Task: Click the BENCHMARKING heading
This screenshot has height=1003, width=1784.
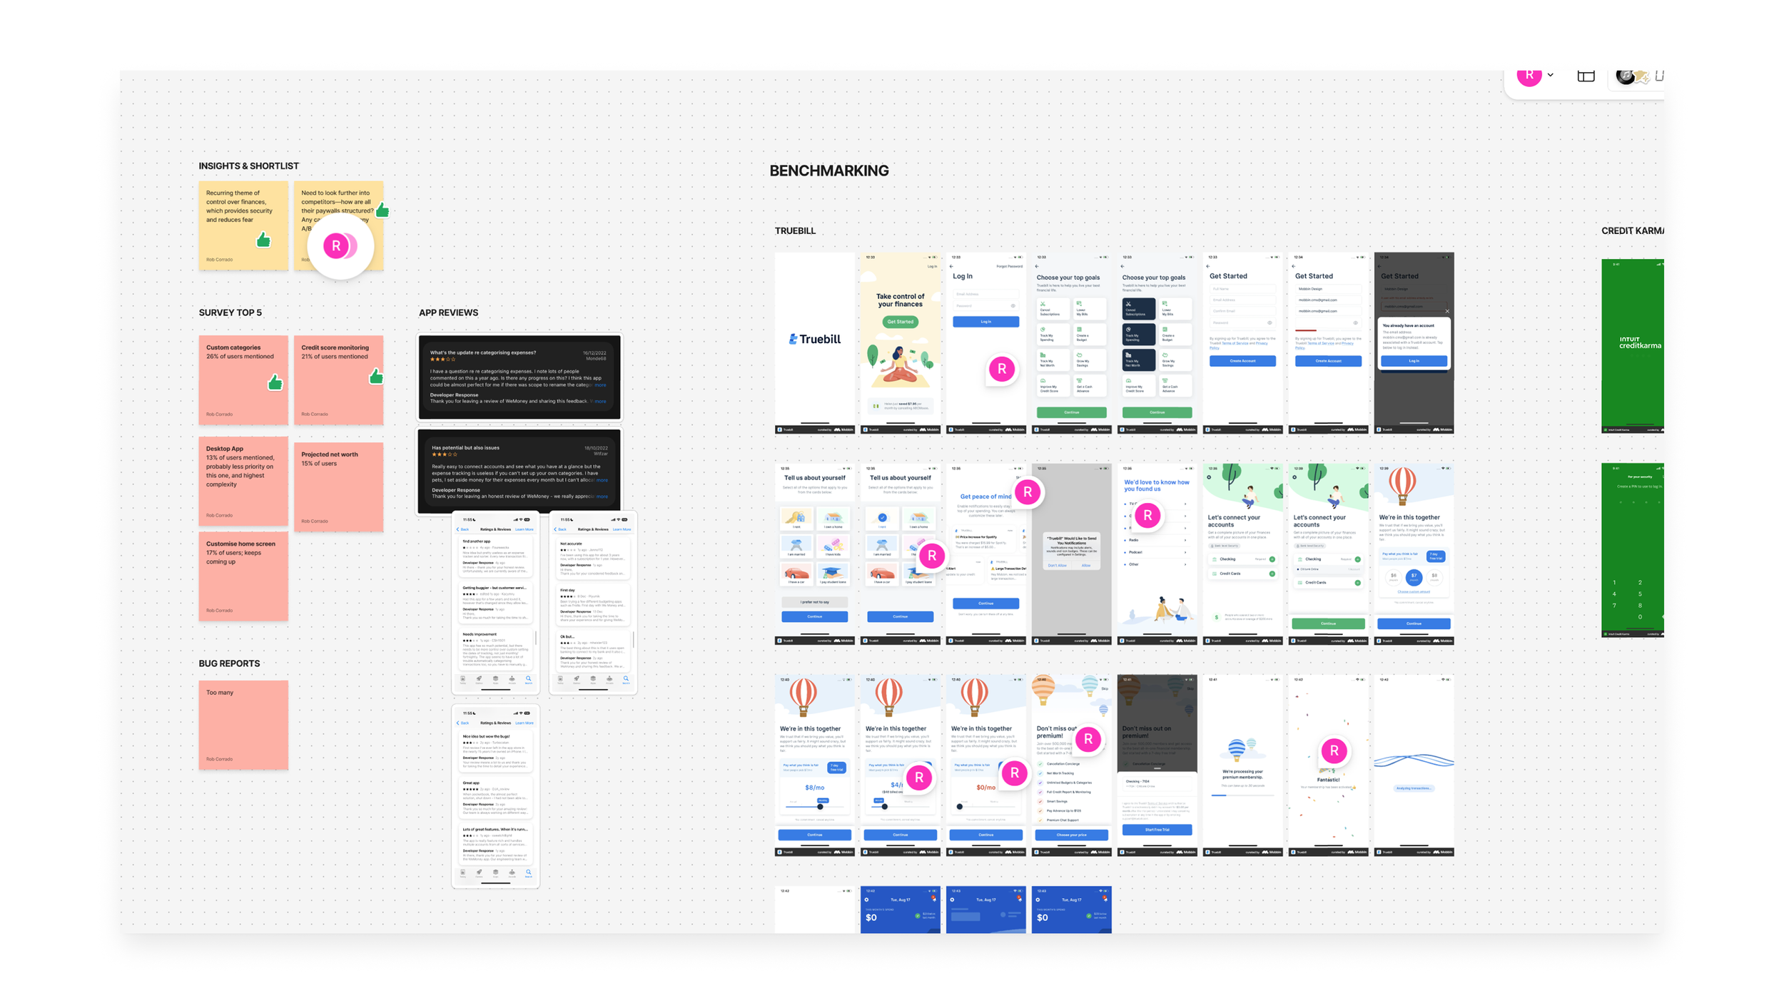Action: (x=828, y=170)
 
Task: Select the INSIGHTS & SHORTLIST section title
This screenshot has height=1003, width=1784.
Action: (x=248, y=166)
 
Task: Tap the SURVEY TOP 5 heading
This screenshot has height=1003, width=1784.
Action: (x=230, y=312)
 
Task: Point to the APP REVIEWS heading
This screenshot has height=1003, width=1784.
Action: (x=448, y=312)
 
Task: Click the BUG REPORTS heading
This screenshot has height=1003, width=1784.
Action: (x=229, y=663)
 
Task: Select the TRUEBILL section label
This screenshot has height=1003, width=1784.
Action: (x=795, y=231)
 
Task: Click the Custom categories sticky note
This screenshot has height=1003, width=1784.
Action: (x=243, y=380)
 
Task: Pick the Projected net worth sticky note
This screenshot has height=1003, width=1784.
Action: (x=338, y=487)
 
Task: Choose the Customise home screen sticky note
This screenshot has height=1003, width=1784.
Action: (x=243, y=576)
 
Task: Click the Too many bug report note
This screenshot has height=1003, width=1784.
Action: (x=243, y=724)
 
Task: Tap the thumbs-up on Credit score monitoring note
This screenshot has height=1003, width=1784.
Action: (x=376, y=377)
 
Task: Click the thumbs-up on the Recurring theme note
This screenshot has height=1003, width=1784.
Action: (x=263, y=240)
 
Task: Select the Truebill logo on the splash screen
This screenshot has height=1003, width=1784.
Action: (x=814, y=340)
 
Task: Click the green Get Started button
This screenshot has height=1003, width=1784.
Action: (x=900, y=322)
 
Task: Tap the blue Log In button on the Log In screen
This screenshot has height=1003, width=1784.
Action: (x=985, y=322)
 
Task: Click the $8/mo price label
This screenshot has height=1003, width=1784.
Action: (x=814, y=788)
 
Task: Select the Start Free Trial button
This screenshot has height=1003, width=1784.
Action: (x=1157, y=830)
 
